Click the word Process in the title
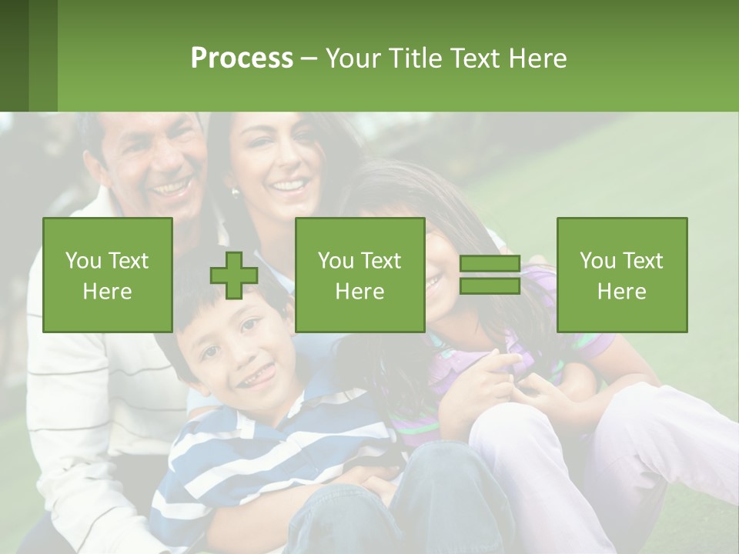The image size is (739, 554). [242, 58]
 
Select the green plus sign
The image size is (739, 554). [234, 275]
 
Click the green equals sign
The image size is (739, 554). [490, 275]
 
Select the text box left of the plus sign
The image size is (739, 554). [108, 275]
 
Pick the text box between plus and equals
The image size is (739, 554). [360, 275]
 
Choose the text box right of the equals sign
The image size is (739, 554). [622, 275]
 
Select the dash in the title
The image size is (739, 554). [309, 58]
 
